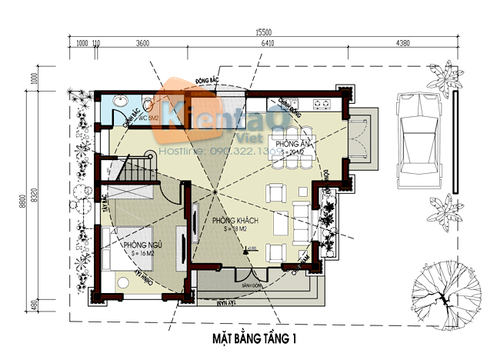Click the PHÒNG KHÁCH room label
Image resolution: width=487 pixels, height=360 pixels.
tap(237, 221)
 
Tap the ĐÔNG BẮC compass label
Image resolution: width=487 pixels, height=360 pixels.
tap(208, 80)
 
